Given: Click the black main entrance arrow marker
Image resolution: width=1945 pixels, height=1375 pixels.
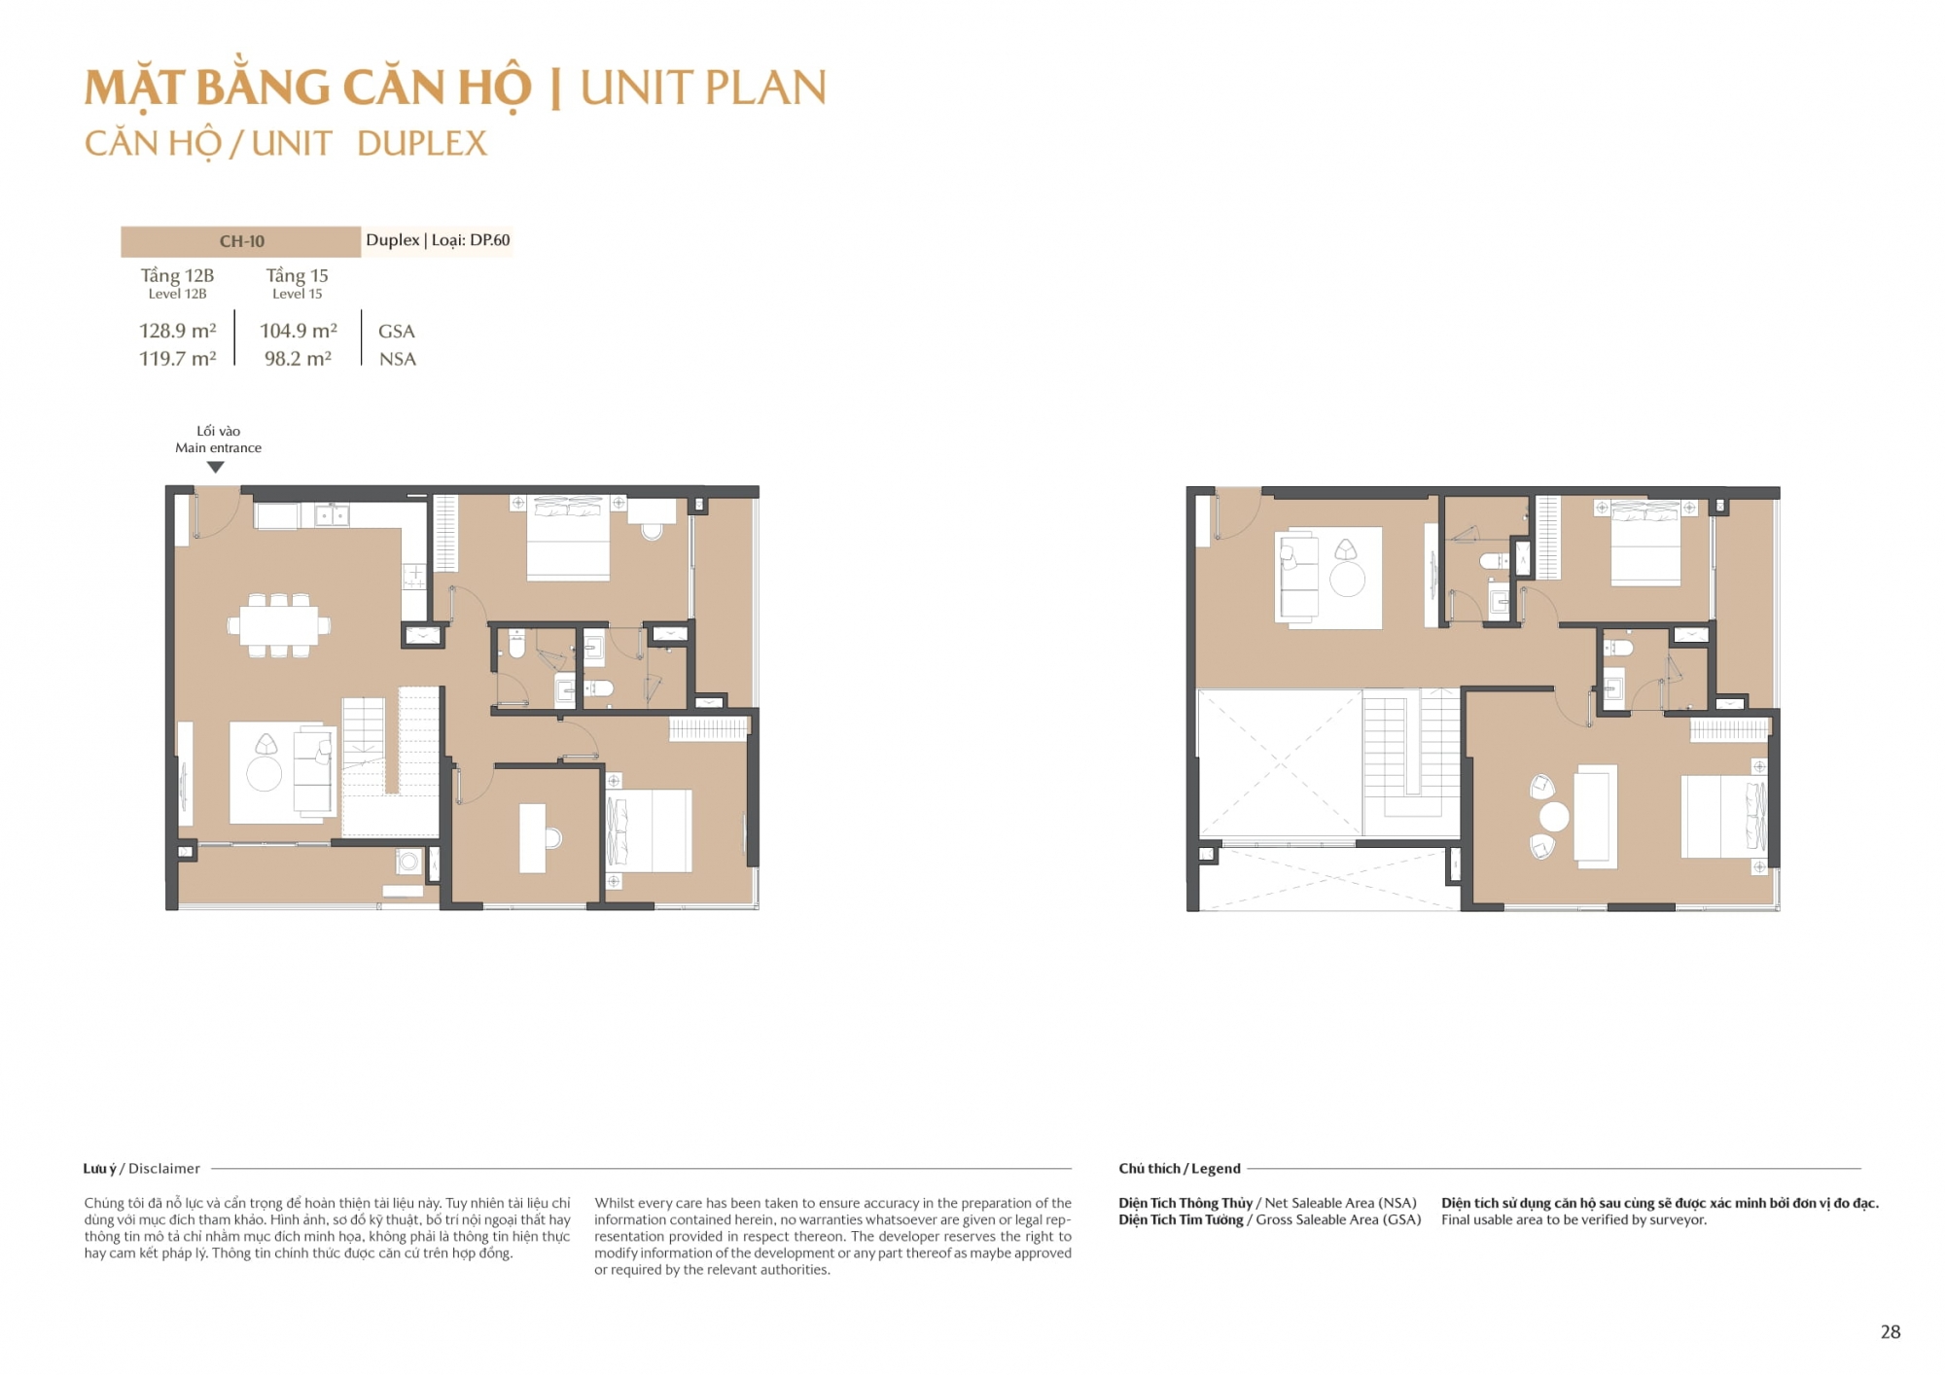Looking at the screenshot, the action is (x=216, y=468).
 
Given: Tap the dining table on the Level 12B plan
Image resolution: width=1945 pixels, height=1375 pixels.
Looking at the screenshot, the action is (x=279, y=625).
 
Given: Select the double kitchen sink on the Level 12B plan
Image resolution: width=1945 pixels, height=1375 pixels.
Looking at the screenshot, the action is (x=332, y=514).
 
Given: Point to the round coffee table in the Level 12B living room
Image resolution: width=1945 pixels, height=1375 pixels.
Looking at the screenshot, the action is (x=264, y=774).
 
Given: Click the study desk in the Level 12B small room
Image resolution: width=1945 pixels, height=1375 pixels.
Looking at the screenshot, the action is (x=533, y=837).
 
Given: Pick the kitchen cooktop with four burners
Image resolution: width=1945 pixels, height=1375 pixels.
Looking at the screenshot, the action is (x=414, y=578).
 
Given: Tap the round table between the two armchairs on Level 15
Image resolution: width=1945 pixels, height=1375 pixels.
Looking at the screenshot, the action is (x=1554, y=817).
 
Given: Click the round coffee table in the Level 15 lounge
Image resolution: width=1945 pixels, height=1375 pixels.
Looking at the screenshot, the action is (x=1347, y=580).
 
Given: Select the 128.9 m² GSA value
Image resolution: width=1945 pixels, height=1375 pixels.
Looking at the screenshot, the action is (x=178, y=331).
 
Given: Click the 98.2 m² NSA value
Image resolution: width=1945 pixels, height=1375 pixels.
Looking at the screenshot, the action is (x=298, y=359).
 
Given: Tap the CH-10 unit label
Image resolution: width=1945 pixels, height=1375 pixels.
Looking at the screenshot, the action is (x=241, y=241).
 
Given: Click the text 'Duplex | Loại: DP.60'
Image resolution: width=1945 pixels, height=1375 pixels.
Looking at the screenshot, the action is (x=438, y=240).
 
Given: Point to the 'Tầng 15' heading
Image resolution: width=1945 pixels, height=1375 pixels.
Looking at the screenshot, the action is (x=298, y=275).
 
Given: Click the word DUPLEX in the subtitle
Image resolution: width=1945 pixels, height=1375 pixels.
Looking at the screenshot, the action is (x=422, y=144).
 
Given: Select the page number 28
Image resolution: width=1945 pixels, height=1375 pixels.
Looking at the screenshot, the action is (x=1890, y=1332).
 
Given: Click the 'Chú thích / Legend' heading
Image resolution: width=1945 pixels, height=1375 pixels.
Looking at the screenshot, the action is (x=1180, y=1169).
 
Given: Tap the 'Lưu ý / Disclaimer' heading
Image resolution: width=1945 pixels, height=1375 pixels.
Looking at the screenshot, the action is (x=142, y=1169).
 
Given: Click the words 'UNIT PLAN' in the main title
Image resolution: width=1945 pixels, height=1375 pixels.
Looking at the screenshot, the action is (x=703, y=88).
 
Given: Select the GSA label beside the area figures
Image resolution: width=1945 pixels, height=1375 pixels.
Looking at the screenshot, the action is (x=397, y=332).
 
